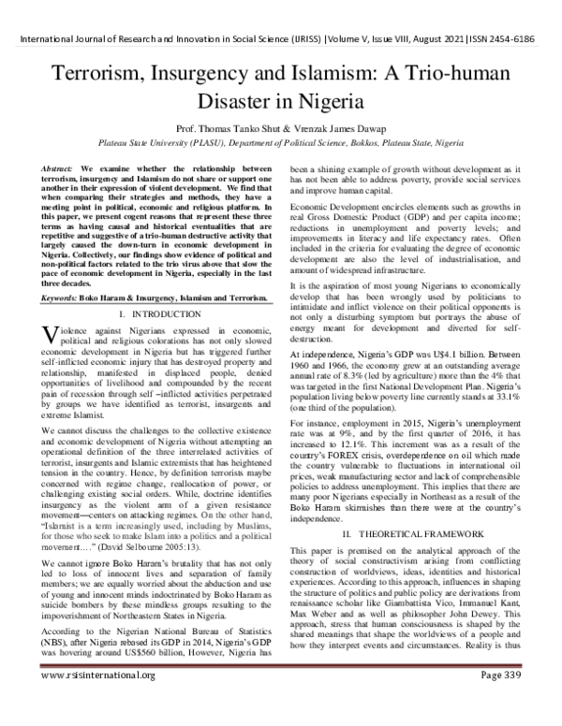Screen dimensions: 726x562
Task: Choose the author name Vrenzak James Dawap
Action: [374, 128]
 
